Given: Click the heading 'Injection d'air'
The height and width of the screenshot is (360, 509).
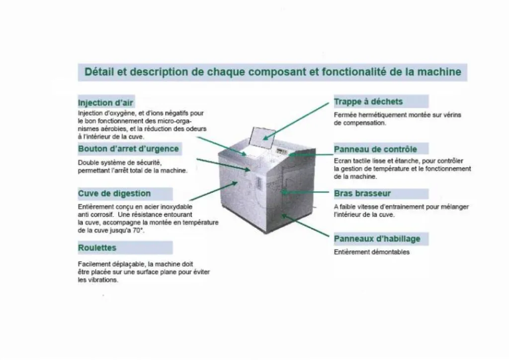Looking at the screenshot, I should click(x=105, y=102).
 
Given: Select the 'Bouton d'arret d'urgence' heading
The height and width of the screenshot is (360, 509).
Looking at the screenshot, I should click(x=128, y=149).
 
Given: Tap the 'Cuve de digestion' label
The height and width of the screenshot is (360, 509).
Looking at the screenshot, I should click(x=114, y=193).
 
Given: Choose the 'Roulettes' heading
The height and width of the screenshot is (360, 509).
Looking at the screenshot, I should click(x=97, y=248).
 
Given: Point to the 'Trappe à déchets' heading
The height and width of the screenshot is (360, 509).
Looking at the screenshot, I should click(x=368, y=101).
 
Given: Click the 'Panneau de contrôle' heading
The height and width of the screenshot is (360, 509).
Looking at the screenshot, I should click(x=375, y=149).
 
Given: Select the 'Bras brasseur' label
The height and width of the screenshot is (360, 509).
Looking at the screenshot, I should click(x=362, y=193).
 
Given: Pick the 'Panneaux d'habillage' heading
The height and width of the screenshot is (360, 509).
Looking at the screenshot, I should click(x=377, y=239).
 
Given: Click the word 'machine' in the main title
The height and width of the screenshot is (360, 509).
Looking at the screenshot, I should click(x=439, y=72).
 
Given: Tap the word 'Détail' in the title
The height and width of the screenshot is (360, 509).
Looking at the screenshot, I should click(x=99, y=72).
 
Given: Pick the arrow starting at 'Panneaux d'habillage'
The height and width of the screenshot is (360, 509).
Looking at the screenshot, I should click(x=306, y=225).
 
